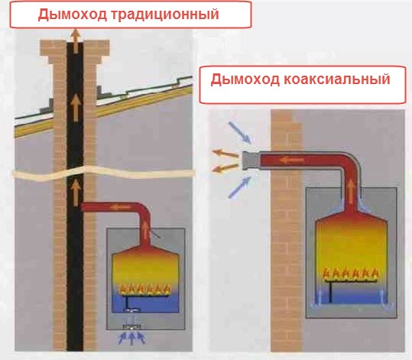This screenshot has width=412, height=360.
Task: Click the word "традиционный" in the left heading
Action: (165, 15)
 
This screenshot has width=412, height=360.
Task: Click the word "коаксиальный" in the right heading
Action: (337, 79)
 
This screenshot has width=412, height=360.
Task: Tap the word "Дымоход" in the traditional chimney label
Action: (73, 15)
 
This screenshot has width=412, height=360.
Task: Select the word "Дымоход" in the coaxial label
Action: (245, 79)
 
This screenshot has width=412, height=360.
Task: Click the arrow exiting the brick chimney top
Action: (76, 41)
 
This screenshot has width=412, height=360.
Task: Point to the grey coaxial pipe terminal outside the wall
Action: (251, 161)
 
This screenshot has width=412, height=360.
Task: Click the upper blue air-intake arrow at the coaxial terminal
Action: (240, 133)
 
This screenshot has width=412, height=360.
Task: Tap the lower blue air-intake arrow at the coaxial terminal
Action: (239, 187)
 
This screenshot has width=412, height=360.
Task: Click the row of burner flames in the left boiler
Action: (144, 289)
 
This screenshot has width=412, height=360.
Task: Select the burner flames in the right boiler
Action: (351, 274)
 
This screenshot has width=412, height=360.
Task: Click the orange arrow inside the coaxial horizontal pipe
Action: (292, 160)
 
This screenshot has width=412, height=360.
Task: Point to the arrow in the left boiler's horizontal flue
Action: (120, 208)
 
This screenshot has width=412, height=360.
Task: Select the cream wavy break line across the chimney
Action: (104, 174)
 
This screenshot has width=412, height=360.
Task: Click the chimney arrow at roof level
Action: (76, 108)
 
